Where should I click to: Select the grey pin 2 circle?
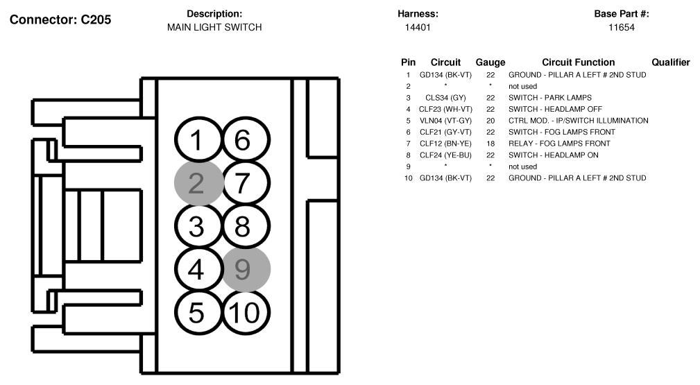198,183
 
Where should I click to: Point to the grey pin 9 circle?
246,269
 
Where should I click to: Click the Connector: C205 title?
60,19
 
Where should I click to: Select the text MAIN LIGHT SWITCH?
214,27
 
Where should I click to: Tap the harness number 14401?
418,27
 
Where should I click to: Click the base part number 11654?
622,27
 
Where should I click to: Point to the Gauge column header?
490,62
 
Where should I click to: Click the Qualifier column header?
671,62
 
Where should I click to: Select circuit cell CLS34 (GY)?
445,98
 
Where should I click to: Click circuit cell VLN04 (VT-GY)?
445,121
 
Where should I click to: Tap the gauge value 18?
490,144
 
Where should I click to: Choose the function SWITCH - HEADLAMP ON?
554,155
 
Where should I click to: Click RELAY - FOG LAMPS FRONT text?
559,144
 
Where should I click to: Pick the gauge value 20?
490,121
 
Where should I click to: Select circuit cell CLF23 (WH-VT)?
445,110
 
